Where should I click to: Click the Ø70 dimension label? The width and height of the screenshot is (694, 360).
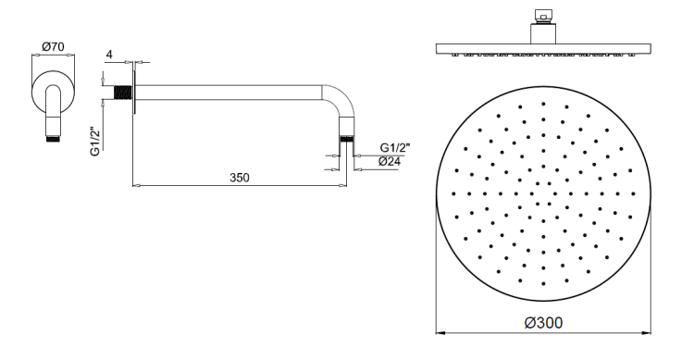(53, 46)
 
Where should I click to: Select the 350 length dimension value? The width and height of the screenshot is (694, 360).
(240, 178)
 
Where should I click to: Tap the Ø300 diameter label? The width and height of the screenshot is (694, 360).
(543, 323)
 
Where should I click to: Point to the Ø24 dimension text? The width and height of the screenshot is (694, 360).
(390, 162)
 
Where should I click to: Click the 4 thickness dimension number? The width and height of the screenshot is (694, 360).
(110, 55)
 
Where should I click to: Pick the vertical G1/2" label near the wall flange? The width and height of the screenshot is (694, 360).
(95, 142)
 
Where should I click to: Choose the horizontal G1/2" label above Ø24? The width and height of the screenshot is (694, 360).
(395, 147)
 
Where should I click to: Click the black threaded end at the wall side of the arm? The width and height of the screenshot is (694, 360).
(123, 93)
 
